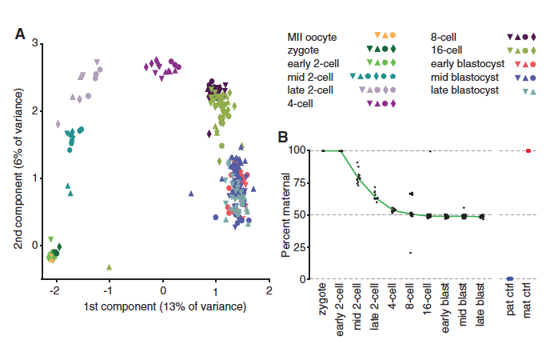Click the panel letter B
coord(282,137)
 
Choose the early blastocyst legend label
coord(464,63)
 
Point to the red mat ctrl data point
coord(528,150)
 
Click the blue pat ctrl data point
coord(510,279)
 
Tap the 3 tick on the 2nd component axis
coord(35,43)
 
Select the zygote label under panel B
coord(324,304)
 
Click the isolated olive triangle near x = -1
coord(109,266)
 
